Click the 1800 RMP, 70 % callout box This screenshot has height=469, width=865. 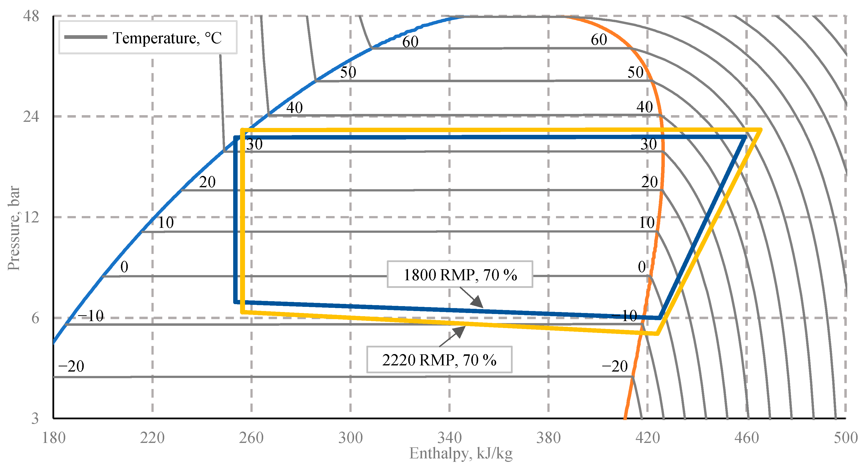460,274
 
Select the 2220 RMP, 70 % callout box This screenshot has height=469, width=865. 439,360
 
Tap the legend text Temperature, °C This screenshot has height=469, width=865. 167,38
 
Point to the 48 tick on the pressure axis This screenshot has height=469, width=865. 31,16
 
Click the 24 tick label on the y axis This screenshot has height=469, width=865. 31,116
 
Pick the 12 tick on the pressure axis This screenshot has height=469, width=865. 31,217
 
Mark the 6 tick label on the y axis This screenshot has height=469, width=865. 35,318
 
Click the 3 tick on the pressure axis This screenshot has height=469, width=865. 35,418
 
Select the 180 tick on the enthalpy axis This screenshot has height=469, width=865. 53,438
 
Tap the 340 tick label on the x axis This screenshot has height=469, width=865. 449,438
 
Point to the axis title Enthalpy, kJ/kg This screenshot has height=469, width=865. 461,453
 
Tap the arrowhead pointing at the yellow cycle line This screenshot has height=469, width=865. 461,329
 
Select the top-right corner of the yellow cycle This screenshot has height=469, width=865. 760,129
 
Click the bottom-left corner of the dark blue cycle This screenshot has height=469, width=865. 236,302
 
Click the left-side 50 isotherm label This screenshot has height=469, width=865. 348,72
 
